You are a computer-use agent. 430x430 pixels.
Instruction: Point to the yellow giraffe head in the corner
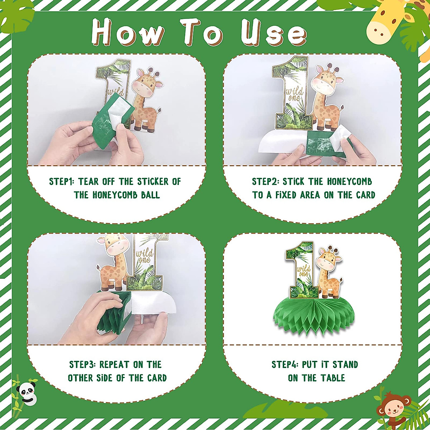coord(384,23)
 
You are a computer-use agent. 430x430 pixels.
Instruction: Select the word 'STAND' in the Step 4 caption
coord(345,364)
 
